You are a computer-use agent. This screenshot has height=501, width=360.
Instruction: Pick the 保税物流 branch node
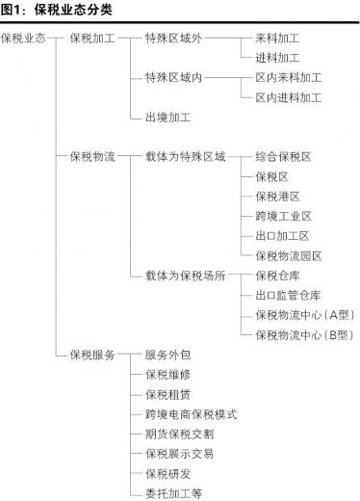coord(92,155)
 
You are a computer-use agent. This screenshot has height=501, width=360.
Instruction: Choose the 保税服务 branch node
coord(92,354)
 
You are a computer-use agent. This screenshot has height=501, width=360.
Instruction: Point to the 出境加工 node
coord(167,117)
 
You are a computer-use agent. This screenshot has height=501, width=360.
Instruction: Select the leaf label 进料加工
coord(277,58)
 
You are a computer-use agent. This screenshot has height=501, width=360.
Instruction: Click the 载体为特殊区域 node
coord(185,155)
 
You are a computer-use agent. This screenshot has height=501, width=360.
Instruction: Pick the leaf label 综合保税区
coord(283,155)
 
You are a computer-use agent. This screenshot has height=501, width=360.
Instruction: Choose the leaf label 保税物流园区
coord(288,255)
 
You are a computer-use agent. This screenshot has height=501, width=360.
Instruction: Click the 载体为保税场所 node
coord(185,275)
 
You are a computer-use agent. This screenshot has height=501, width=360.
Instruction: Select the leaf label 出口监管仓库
coord(288,295)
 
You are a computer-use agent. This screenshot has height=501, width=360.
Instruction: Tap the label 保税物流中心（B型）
coord(304,334)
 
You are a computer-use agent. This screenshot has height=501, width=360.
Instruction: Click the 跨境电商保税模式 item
coord(191,413)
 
